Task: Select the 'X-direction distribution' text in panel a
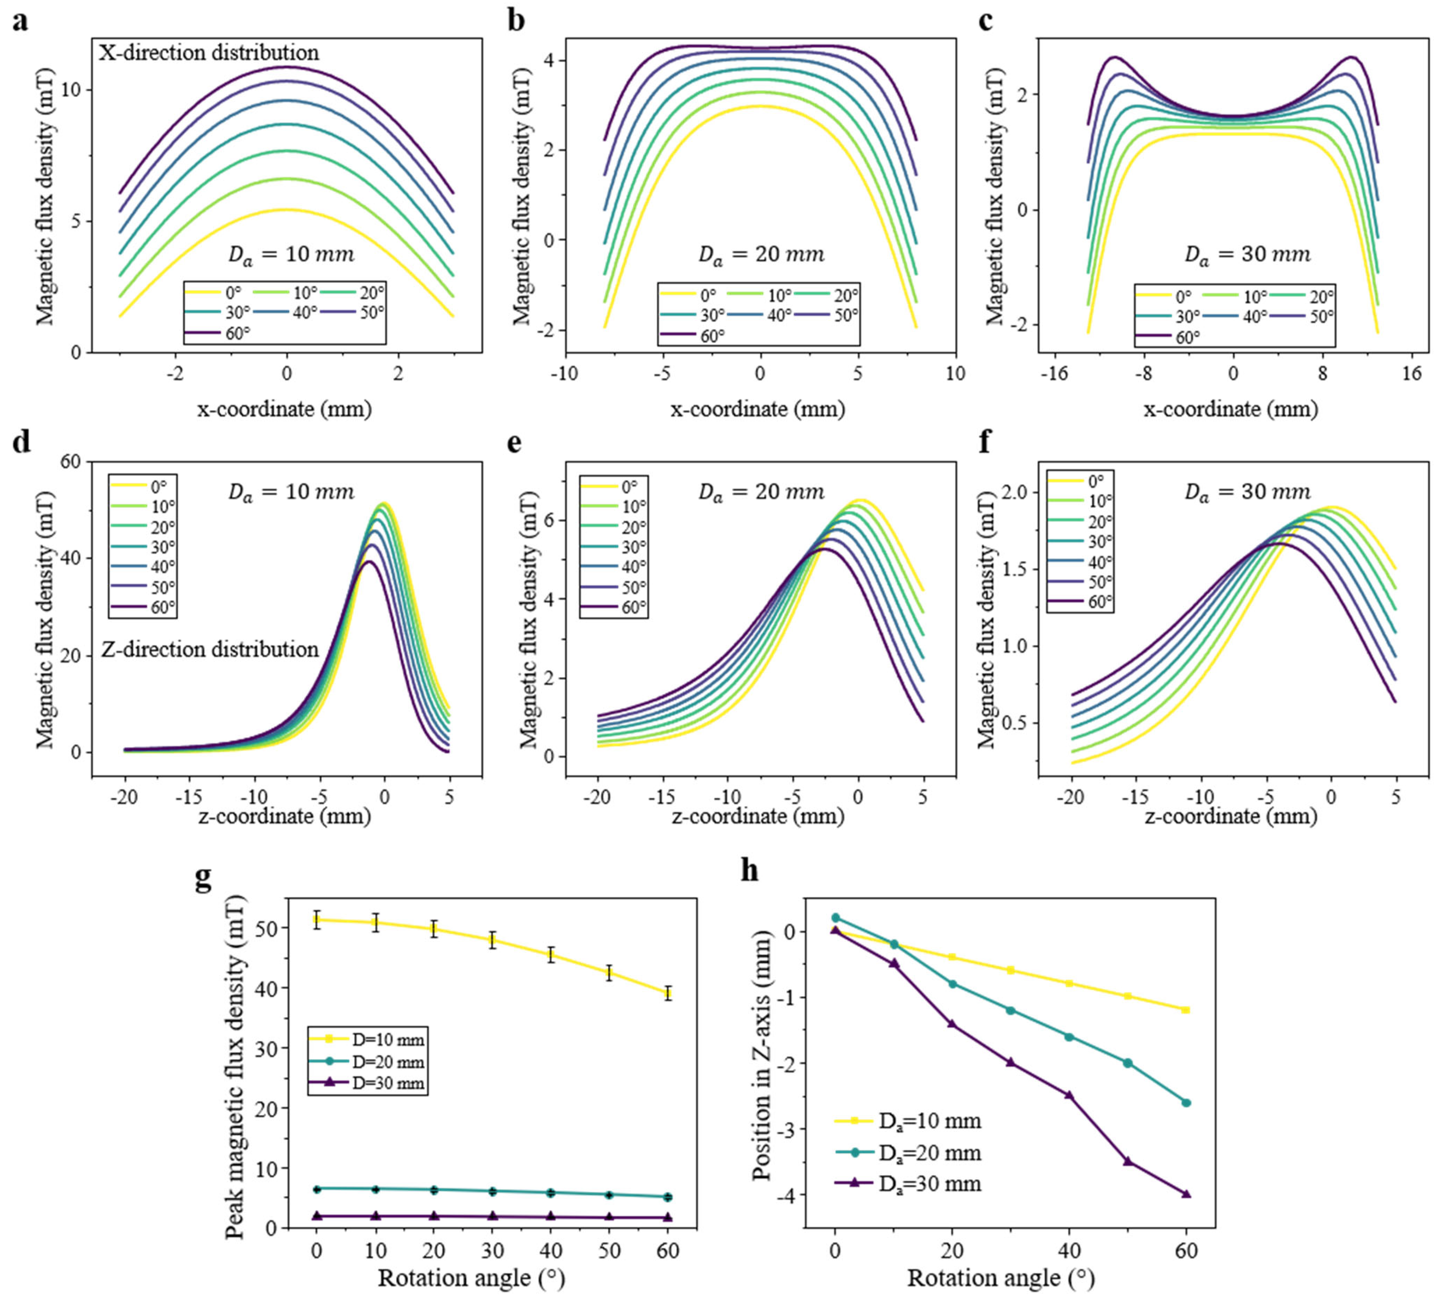click(x=208, y=53)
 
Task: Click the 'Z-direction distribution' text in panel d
click(x=210, y=649)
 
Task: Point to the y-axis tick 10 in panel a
click(x=74, y=91)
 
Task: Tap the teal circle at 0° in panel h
click(x=835, y=918)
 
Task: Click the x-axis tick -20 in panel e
click(x=598, y=797)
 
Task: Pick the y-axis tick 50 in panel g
click(x=271, y=928)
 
